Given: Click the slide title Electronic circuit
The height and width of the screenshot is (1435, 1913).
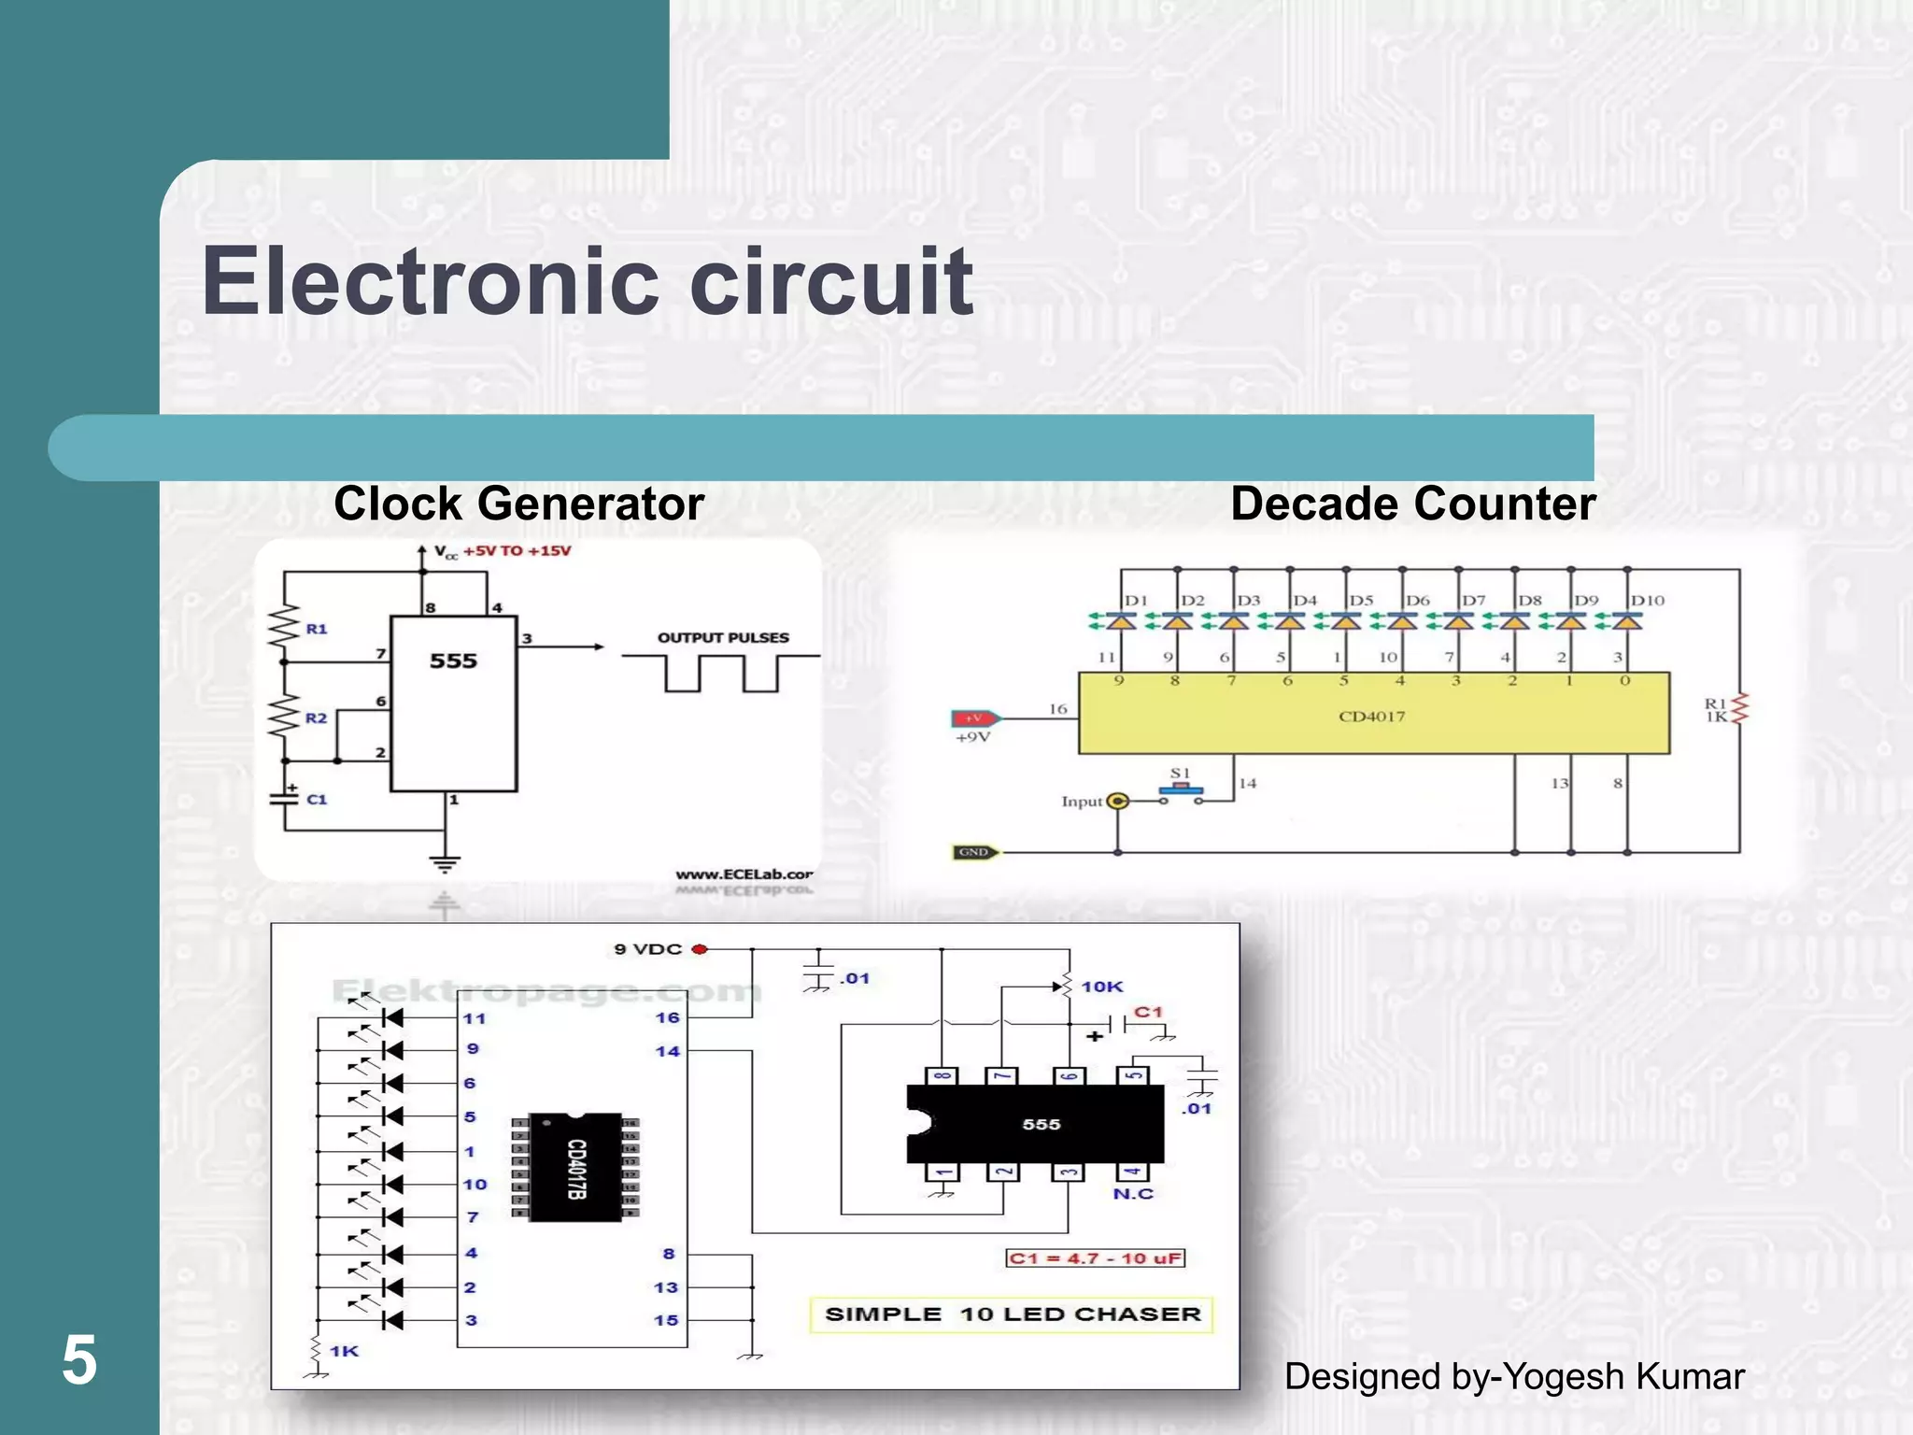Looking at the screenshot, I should [587, 281].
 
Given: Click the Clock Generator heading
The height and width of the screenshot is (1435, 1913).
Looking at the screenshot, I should [518, 504].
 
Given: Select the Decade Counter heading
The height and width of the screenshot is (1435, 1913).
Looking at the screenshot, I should [1412, 504].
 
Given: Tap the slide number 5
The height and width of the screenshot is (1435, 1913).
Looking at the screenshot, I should [79, 1360].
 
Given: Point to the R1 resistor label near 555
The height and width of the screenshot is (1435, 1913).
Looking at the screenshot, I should [317, 630].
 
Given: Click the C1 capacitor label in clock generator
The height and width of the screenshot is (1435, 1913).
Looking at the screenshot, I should [317, 800].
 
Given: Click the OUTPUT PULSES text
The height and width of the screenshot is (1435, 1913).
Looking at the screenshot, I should [723, 638].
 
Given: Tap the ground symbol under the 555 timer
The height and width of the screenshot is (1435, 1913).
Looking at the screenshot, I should [445, 863].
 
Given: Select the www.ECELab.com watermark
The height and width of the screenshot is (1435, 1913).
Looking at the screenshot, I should [744, 874].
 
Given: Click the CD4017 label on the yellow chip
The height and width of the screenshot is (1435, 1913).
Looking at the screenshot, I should [1371, 717].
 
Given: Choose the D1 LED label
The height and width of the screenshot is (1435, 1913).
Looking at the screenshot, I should [1135, 601].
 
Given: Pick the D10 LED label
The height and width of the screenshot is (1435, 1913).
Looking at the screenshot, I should [1647, 601].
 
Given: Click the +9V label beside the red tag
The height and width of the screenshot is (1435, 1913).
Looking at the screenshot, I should [972, 737].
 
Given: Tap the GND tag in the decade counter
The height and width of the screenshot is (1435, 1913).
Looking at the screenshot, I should [973, 852].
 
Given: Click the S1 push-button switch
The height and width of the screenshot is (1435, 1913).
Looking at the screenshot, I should [1181, 789].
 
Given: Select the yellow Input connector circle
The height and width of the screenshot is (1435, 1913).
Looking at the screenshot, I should [1118, 801].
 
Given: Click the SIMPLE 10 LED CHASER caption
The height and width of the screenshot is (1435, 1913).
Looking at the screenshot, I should [1012, 1314].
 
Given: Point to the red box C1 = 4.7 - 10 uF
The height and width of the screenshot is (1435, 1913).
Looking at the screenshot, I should [1095, 1258].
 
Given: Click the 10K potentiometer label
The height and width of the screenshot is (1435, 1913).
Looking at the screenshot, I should [1102, 987].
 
